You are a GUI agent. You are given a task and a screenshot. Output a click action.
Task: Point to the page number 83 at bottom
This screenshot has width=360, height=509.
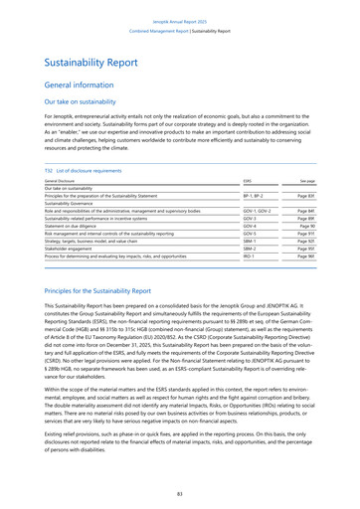[x=179, y=493]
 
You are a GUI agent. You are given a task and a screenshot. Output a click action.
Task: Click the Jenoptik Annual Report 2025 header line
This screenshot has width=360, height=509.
[x=179, y=6]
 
